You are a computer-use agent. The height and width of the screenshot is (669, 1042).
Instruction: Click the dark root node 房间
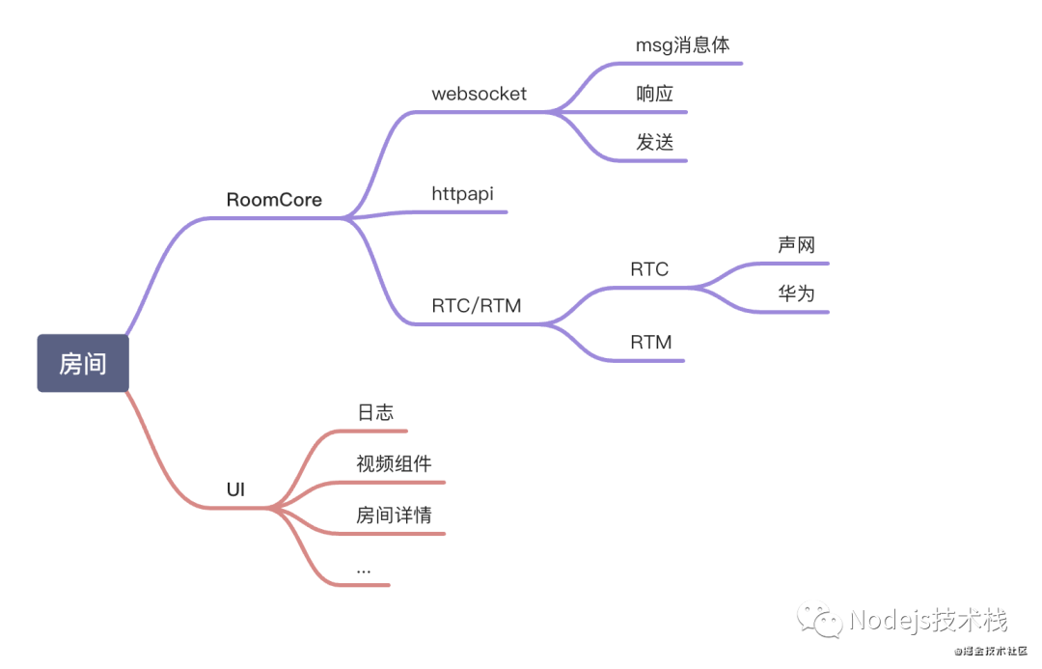(83, 364)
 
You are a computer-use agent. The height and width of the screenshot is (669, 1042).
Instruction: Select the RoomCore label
(274, 201)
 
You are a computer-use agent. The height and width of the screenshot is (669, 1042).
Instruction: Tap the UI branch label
(235, 490)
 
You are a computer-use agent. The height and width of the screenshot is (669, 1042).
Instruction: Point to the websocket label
(480, 95)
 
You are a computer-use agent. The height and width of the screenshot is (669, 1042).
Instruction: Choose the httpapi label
(462, 194)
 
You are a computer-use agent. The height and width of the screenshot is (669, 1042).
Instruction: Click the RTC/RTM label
(477, 307)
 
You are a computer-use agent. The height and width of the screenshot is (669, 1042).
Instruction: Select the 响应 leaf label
(654, 95)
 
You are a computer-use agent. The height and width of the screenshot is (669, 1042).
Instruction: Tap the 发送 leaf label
(654, 143)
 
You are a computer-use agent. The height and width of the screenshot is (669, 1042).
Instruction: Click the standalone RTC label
(649, 270)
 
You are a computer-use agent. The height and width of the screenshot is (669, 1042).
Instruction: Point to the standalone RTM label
(651, 343)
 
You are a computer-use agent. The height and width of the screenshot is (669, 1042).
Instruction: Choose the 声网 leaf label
(797, 246)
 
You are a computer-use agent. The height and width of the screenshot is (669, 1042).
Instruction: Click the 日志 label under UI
(375, 413)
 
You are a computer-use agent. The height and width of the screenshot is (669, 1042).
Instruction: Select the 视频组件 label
(394, 464)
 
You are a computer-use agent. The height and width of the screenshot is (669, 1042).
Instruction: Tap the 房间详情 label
(394, 516)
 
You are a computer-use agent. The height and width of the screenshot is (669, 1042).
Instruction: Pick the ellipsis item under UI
(364, 570)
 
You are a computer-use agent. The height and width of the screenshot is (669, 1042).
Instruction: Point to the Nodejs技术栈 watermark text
(927, 620)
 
